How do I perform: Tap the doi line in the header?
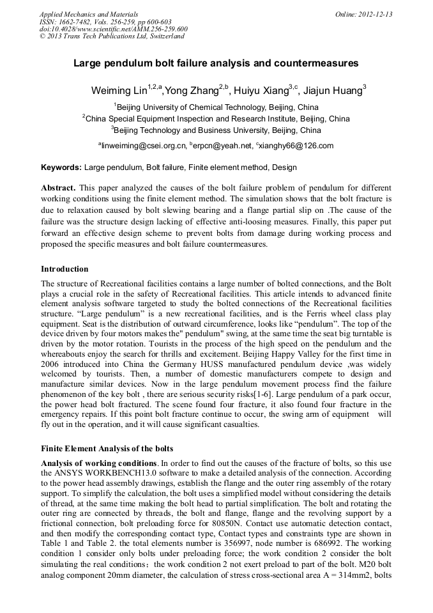113,29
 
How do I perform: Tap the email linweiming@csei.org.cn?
143,146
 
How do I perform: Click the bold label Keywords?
61,167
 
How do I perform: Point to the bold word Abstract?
58,189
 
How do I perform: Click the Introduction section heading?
65,269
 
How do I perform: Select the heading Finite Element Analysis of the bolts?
107,448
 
